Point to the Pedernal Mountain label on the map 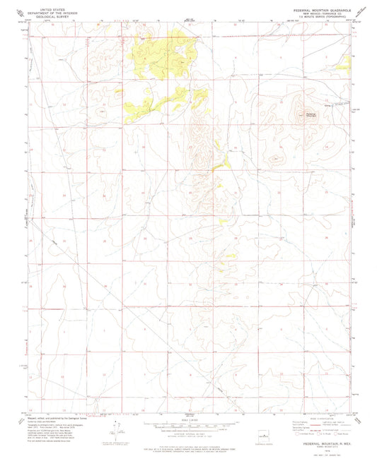point(311,114)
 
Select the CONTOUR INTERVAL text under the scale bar point(188,435)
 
